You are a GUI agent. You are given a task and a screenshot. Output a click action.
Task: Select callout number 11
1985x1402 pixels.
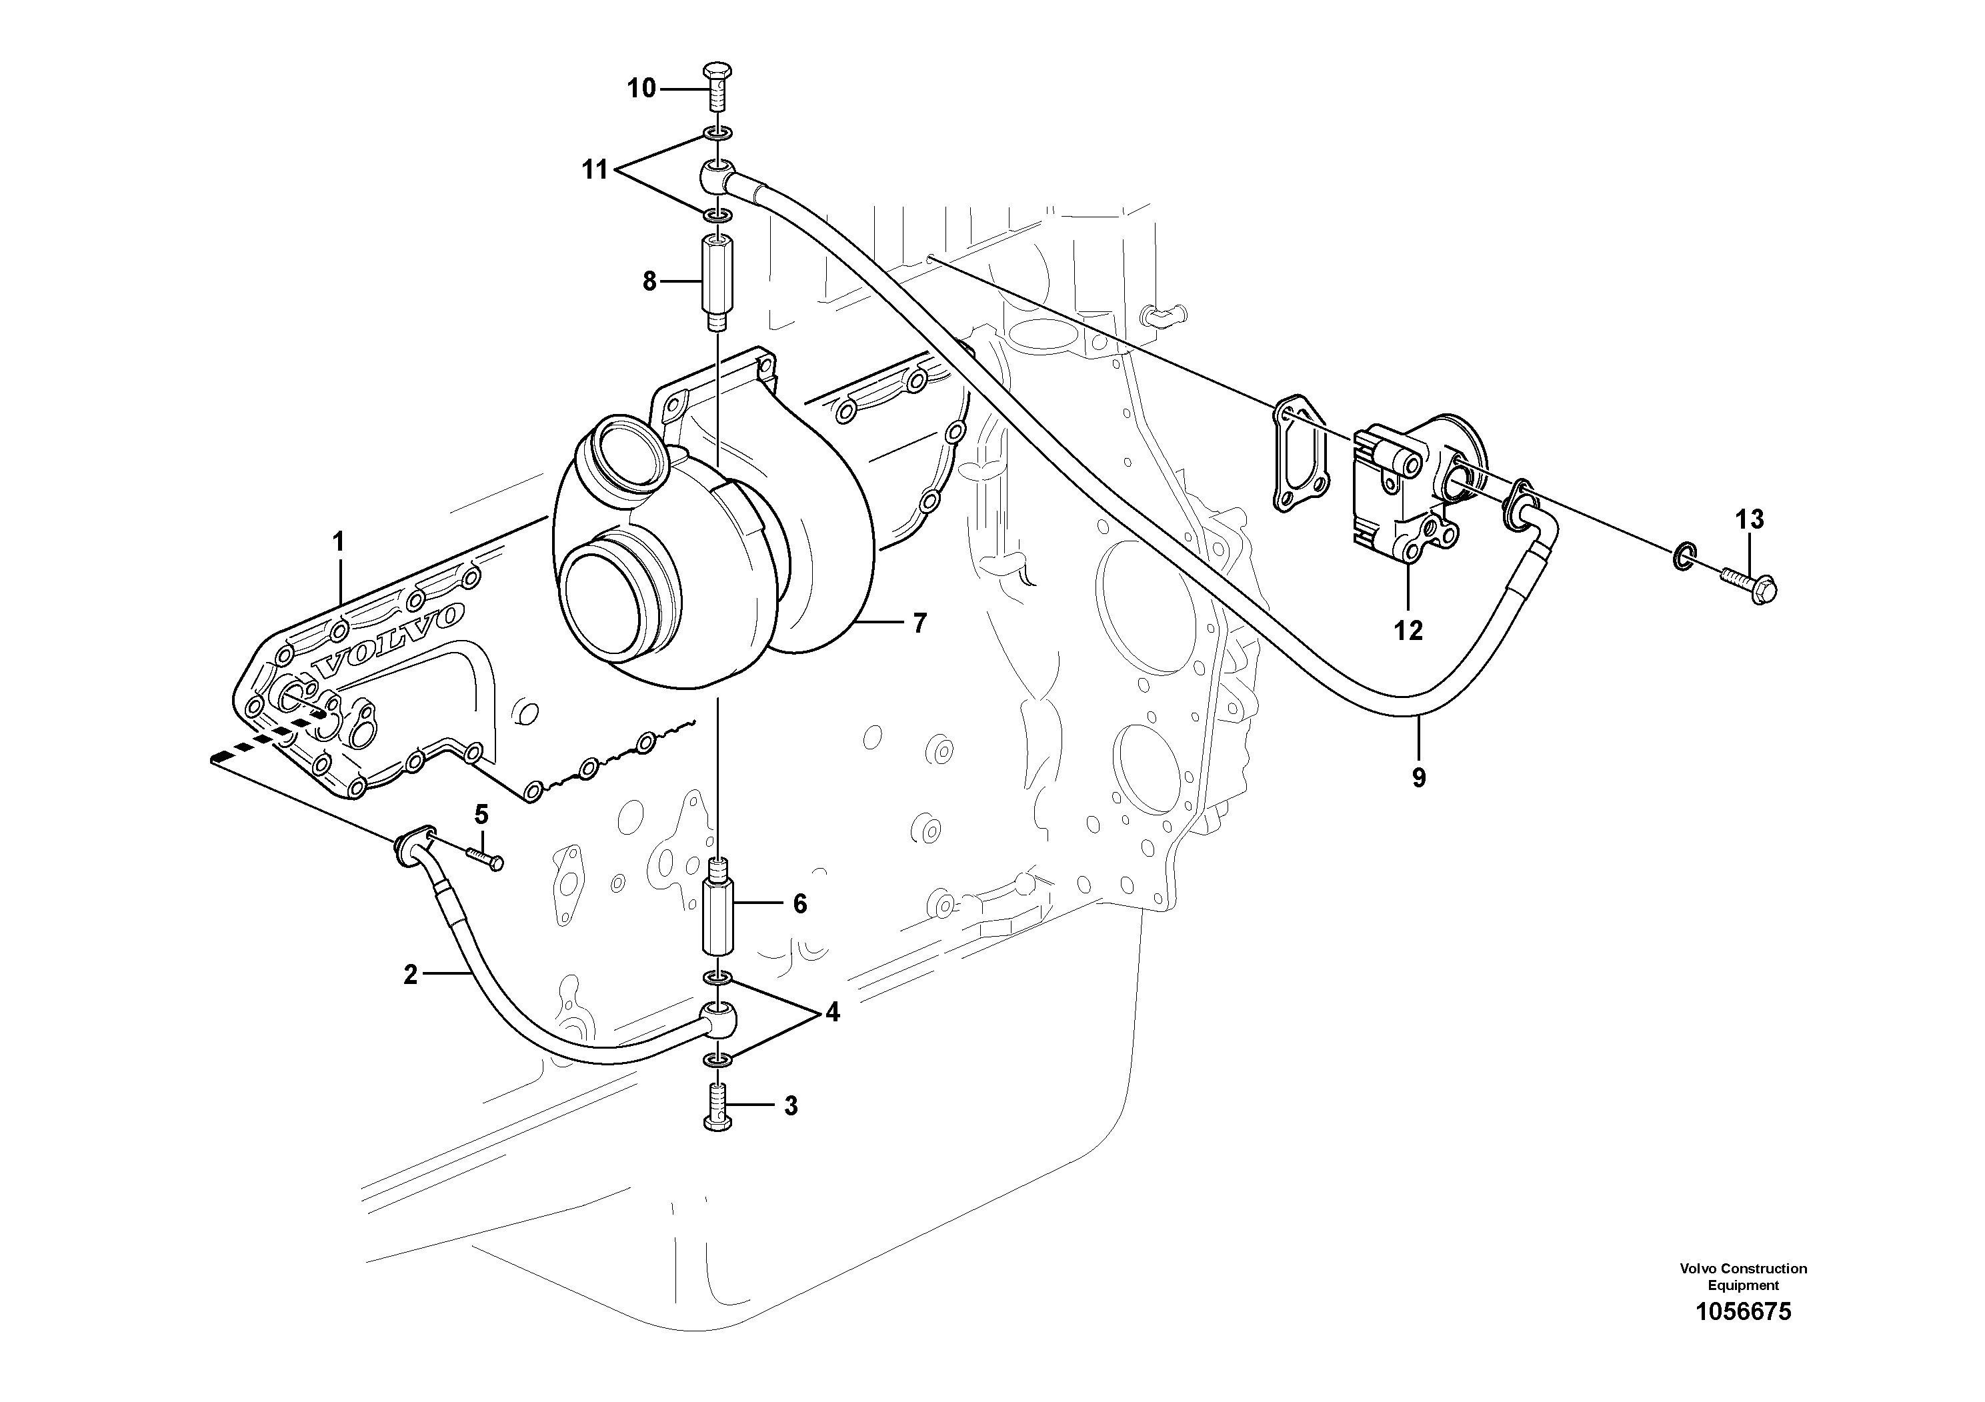tap(595, 169)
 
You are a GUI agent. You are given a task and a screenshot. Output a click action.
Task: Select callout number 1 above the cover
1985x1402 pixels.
tap(339, 542)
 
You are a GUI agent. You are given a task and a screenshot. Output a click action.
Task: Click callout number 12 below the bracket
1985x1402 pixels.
tap(1408, 631)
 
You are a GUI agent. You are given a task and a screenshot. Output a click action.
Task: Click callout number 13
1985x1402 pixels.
tap(1749, 519)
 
